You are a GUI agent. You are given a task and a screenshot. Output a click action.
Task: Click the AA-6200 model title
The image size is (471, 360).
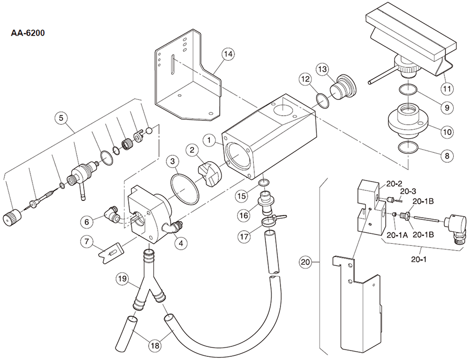[x=28, y=33]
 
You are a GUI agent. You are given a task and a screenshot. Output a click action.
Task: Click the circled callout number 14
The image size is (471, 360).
[x=227, y=54]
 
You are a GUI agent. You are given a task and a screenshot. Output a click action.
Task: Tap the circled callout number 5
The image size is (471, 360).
[x=62, y=118]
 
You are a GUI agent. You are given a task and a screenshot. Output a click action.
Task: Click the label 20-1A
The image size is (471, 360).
[x=397, y=235]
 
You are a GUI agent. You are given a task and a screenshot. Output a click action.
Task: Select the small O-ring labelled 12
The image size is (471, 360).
[x=323, y=99]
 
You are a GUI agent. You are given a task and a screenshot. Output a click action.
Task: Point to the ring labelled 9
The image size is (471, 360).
[x=408, y=90]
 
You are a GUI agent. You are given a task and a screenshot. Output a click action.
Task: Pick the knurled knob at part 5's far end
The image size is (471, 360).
[x=13, y=216]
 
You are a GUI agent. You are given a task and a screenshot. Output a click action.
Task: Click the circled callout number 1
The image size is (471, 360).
[x=209, y=140]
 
